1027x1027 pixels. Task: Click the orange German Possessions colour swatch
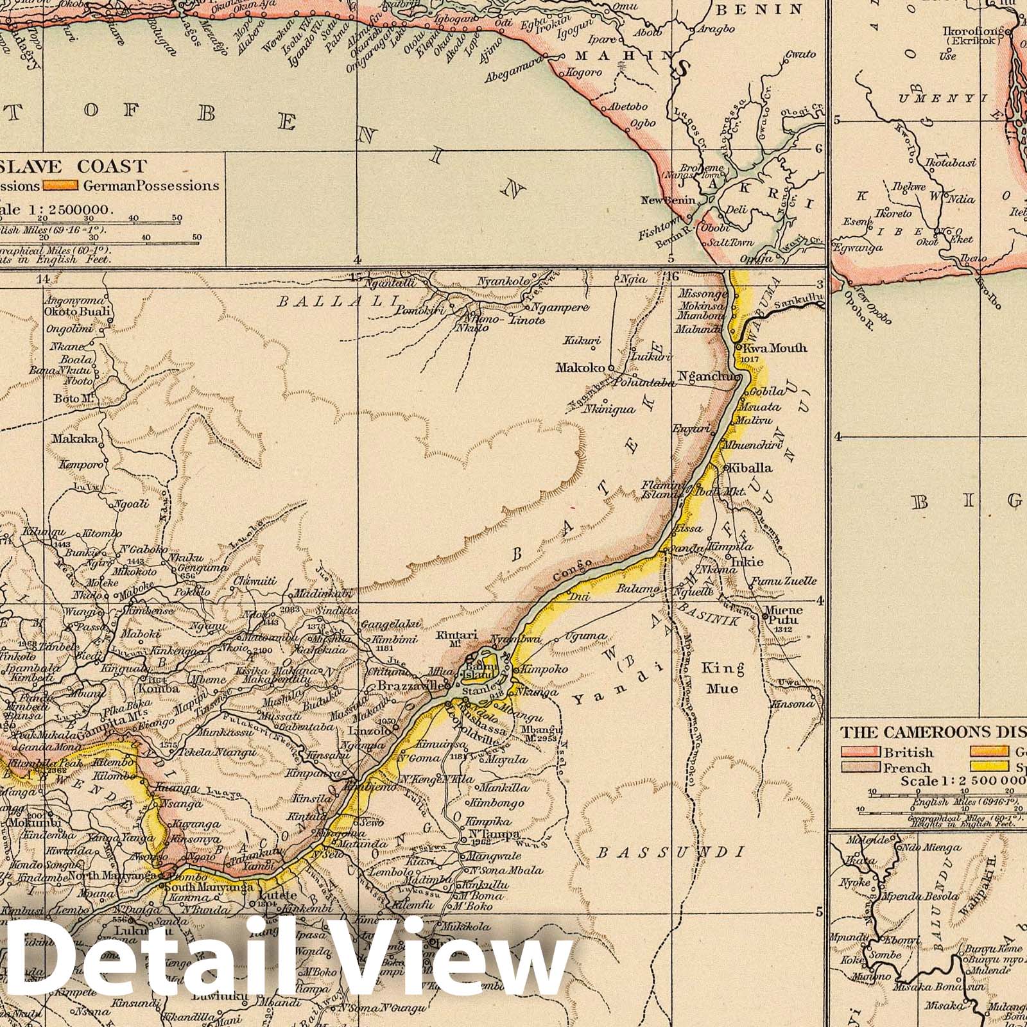60,186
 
